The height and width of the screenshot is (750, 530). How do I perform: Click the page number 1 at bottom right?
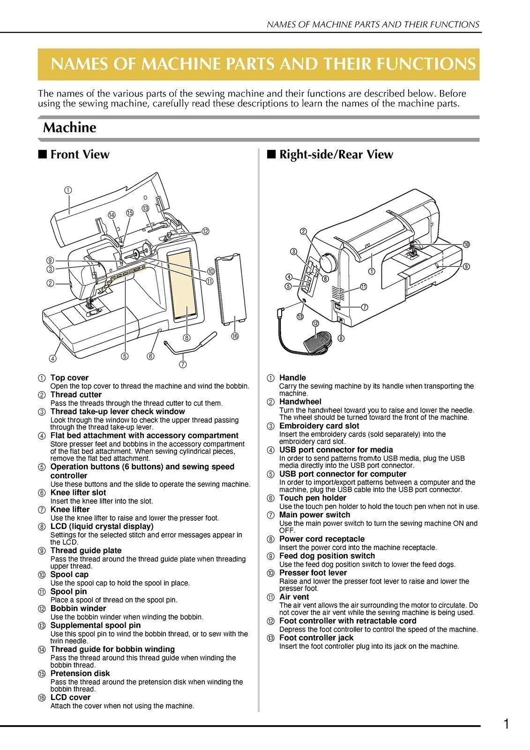coord(506,725)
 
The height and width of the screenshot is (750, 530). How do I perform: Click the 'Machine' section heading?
coord(69,127)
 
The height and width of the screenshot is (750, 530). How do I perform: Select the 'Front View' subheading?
coord(79,154)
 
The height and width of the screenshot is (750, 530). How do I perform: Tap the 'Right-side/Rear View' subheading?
coord(336,154)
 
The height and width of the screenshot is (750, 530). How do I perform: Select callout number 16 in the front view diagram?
coord(235,337)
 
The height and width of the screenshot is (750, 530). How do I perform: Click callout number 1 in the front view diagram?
coord(68,190)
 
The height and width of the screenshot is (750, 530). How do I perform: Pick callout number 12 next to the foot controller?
coord(315,323)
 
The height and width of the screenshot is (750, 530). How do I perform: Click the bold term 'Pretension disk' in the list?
coord(80,673)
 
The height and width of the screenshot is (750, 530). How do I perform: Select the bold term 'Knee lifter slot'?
coord(78,492)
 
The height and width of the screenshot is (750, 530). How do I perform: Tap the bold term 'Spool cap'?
coord(69,574)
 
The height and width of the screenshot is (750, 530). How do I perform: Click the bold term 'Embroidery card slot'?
coord(319,426)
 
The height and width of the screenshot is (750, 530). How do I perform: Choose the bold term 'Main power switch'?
coord(314,515)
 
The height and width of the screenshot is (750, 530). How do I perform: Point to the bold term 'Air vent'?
coord(294,597)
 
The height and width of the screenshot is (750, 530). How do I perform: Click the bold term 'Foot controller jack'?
coord(316,637)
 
